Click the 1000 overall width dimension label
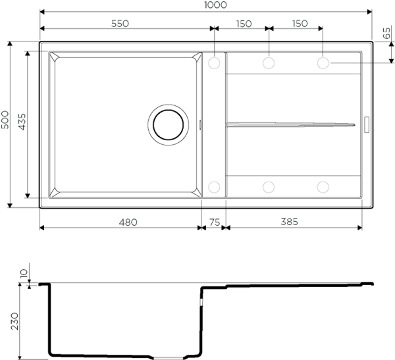coord(215,5)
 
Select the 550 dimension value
coord(120,24)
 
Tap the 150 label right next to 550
coord(244,24)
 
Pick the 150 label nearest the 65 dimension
coord(300,24)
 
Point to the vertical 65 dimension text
coord(386,33)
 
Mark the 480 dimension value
coord(128,222)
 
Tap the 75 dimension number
coord(215,222)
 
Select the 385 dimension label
coord(288,222)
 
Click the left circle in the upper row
coord(214,63)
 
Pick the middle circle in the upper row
coord(268,63)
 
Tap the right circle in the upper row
coord(323,63)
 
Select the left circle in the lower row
coord(214,188)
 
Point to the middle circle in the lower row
coord(268,188)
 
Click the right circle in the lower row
coord(323,188)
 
